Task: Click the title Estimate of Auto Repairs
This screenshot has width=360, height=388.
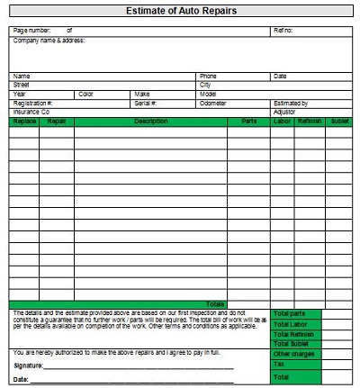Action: click(181, 11)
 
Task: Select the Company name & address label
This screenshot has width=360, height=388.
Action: click(49, 40)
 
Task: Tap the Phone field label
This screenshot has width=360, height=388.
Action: click(208, 77)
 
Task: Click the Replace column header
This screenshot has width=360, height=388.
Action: click(24, 121)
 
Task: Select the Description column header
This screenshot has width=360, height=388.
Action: click(150, 121)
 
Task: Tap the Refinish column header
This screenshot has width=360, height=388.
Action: click(310, 121)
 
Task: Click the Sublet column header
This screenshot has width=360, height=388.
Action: click(339, 121)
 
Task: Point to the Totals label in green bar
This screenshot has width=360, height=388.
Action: click(216, 304)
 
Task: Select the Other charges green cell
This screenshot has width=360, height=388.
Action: click(292, 354)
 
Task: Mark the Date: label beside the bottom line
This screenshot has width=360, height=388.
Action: click(22, 380)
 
